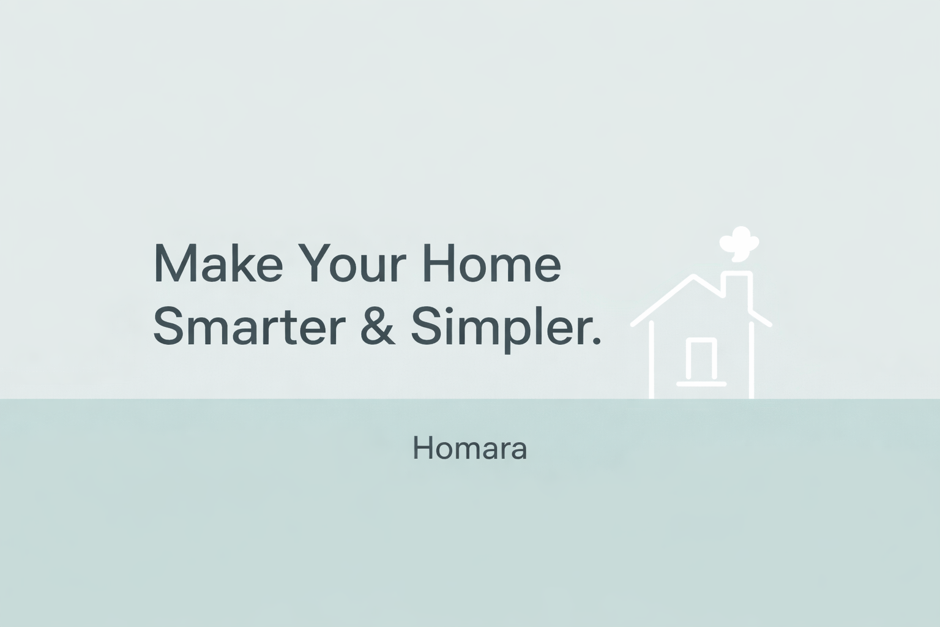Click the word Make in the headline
(x=218, y=263)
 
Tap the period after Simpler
(x=596, y=341)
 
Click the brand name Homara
(x=469, y=448)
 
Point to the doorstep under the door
(x=701, y=384)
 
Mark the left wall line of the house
(x=651, y=360)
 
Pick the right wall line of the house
(x=751, y=360)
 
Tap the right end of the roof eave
(x=769, y=324)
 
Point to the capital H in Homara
(x=422, y=448)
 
